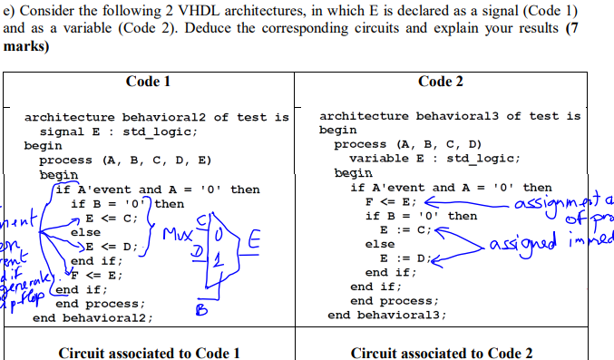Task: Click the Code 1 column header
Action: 149,82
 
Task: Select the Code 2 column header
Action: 441,82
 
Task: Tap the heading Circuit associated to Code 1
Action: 149,353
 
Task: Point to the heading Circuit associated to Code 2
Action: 442,353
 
